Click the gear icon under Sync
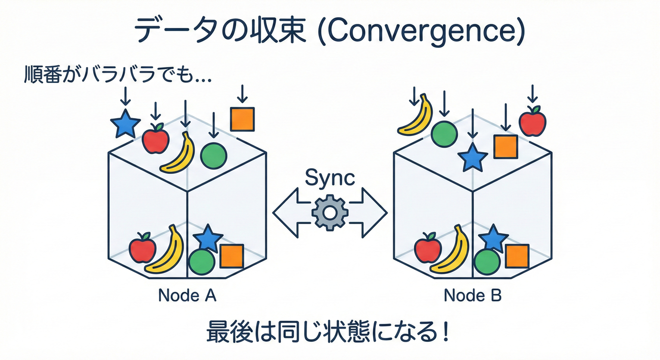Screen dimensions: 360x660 pos(330,213)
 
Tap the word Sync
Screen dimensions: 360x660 pos(330,179)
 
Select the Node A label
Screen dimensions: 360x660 pos(187,296)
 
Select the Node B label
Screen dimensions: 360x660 pos(472,296)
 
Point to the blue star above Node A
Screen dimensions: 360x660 pos(125,124)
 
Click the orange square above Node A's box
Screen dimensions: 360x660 pos(242,119)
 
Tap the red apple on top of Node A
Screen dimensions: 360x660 pos(156,139)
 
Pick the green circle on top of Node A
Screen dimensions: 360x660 pos(214,155)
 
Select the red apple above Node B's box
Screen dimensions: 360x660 pos(532,121)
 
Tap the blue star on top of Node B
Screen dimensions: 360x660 pos(472,157)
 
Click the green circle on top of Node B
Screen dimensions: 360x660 pos(444,134)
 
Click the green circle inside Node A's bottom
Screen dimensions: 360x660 pos(202,261)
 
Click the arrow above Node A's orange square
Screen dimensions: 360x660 pos(242,94)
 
